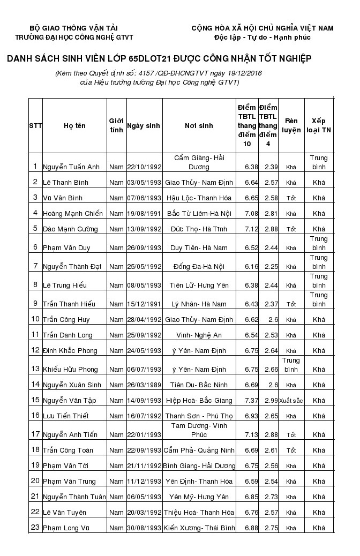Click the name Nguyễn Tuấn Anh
pyautogui.click(x=71, y=167)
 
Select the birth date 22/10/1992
pyautogui.click(x=144, y=167)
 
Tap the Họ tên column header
pyautogui.click(x=74, y=126)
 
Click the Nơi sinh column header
pyautogui.click(x=199, y=126)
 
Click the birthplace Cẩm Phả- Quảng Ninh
pyautogui.click(x=199, y=450)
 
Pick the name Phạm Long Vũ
pyautogui.click(x=66, y=528)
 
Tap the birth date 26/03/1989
pyautogui.click(x=144, y=385)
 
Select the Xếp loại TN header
pyautogui.click(x=319, y=126)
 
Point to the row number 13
pyautogui.click(x=35, y=369)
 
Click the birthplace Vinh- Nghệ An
pyautogui.click(x=199, y=335)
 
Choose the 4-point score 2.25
pyautogui.click(x=271, y=267)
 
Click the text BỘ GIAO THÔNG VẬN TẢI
pyautogui.click(x=74, y=28)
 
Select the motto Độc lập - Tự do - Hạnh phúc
pyautogui.click(x=262, y=37)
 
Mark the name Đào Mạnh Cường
pyautogui.click(x=70, y=229)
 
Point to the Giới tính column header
pyautogui.click(x=116, y=126)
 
